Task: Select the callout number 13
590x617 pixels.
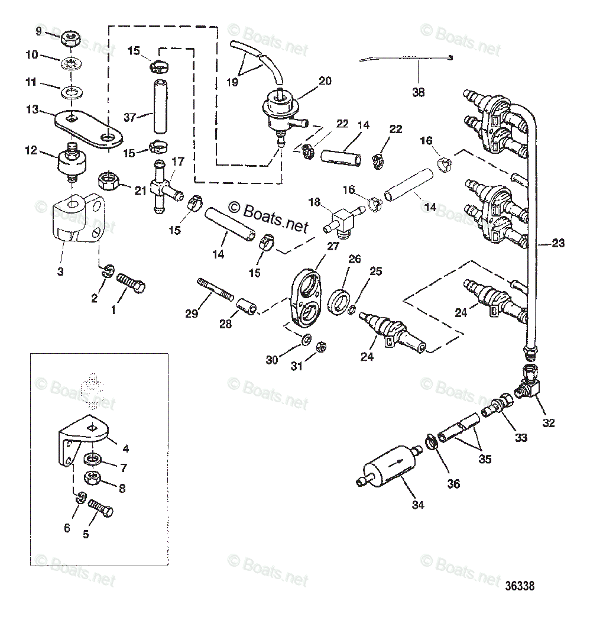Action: coord(32,109)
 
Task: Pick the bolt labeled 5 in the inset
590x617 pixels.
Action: coord(102,509)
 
